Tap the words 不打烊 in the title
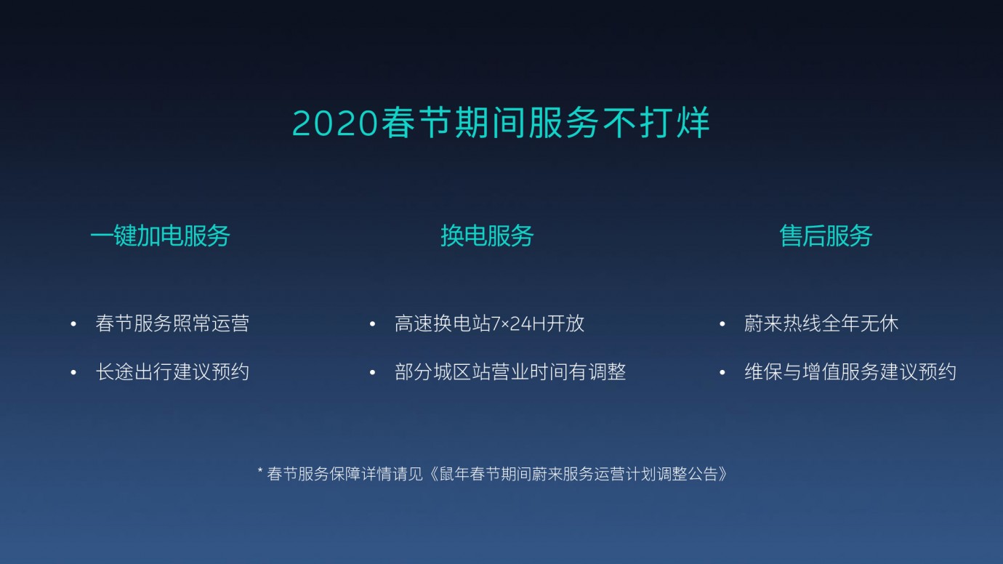(x=656, y=122)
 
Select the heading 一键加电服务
(x=160, y=235)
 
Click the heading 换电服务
(x=487, y=235)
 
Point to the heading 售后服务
(x=826, y=235)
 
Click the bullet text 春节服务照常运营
(x=172, y=323)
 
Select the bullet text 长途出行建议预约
(x=172, y=371)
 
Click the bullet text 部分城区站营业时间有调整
(x=510, y=371)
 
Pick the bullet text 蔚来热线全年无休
(x=821, y=323)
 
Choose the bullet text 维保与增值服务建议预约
(x=850, y=371)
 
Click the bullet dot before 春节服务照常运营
(x=73, y=324)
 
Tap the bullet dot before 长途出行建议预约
(x=73, y=372)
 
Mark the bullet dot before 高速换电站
(x=372, y=324)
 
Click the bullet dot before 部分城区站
(x=372, y=372)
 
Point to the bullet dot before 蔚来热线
(x=722, y=324)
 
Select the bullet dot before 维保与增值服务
(x=722, y=372)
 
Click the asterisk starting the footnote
(x=260, y=470)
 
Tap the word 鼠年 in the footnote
(x=454, y=474)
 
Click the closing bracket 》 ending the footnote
(x=722, y=474)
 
